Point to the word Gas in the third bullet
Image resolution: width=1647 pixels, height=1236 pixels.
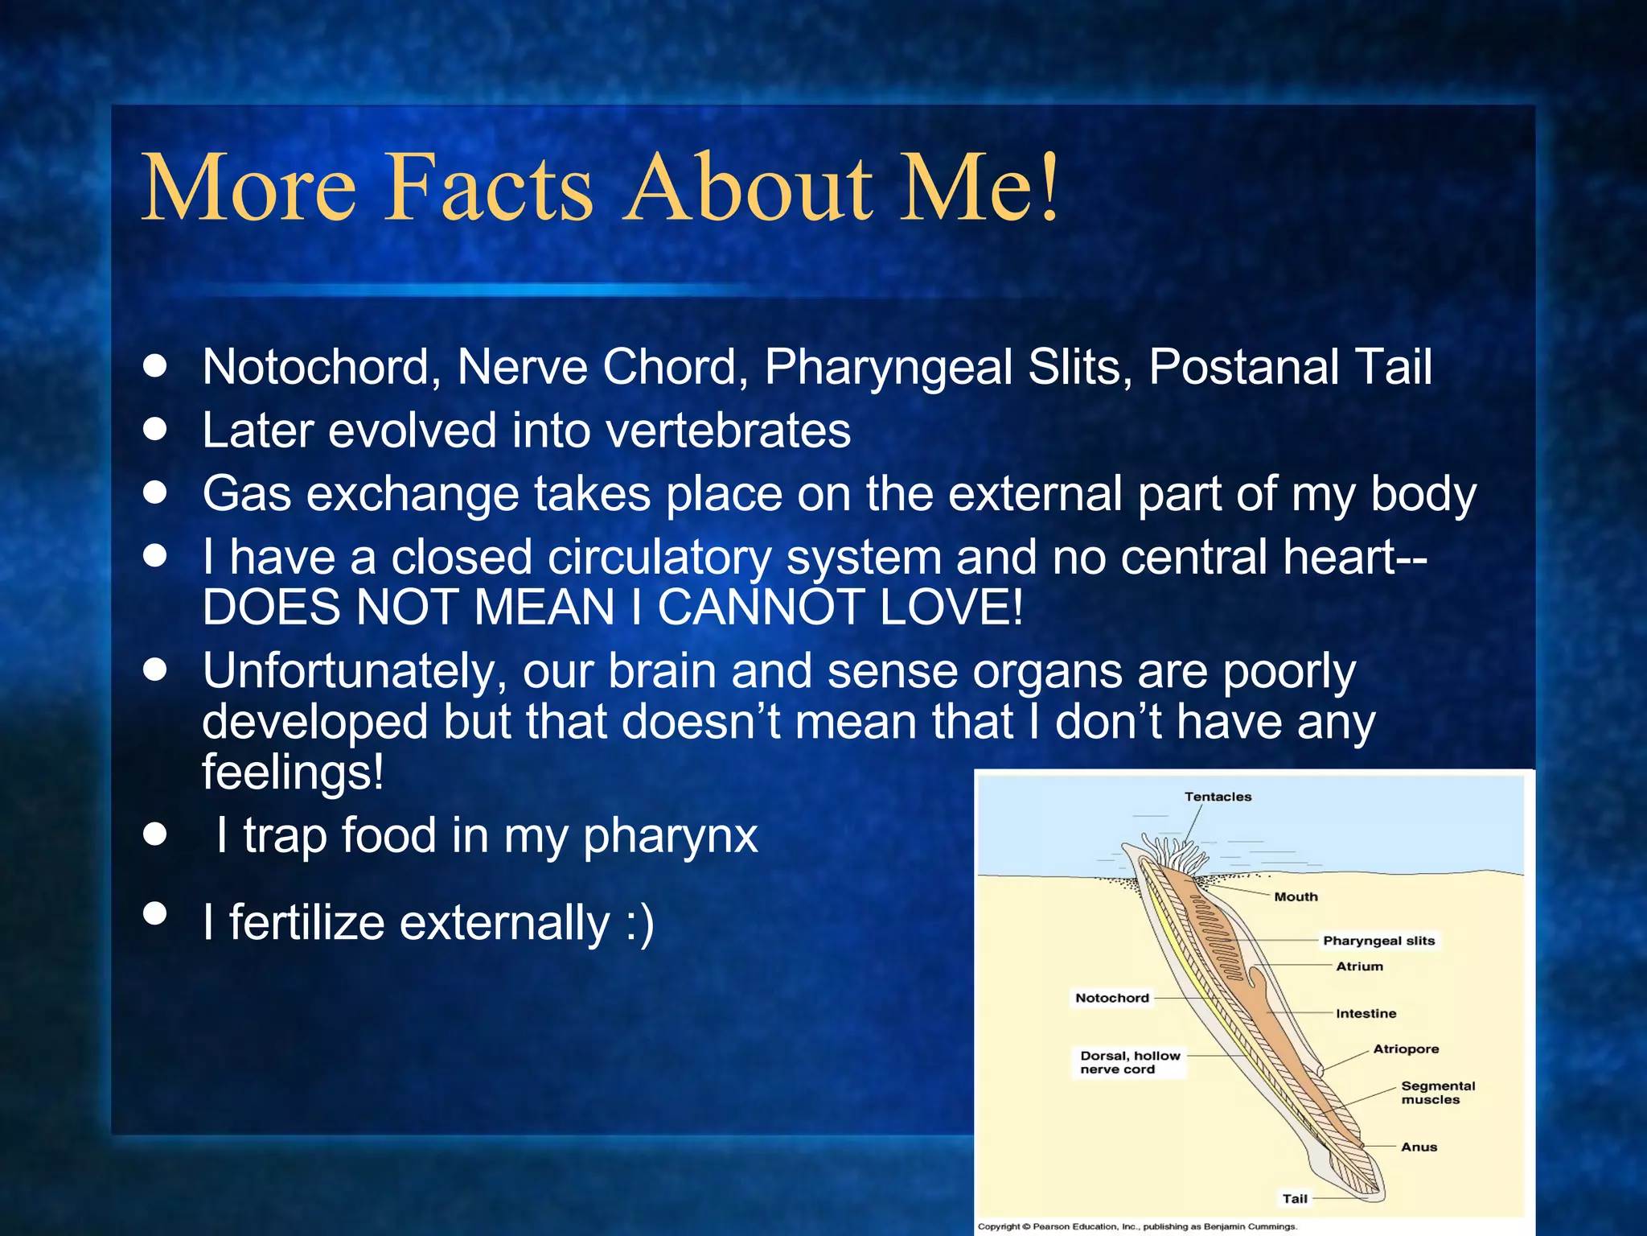246,493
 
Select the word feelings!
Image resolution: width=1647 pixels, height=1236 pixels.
293,772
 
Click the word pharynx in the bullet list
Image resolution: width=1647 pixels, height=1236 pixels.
670,837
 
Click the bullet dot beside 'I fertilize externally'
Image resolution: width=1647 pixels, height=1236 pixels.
154,913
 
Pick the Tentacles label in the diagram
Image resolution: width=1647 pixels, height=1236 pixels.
1218,797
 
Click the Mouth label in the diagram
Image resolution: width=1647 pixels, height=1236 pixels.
1296,896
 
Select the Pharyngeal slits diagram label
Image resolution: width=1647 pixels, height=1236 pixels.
1378,941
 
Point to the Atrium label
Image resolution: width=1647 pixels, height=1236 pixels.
1359,966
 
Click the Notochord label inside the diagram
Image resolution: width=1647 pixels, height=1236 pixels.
1112,998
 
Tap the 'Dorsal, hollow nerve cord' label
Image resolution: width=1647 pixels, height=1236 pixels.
1129,1062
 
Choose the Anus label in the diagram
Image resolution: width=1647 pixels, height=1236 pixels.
1419,1147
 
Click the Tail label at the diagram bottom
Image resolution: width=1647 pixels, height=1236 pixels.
1295,1198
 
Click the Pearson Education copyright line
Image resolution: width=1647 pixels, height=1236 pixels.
1137,1226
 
